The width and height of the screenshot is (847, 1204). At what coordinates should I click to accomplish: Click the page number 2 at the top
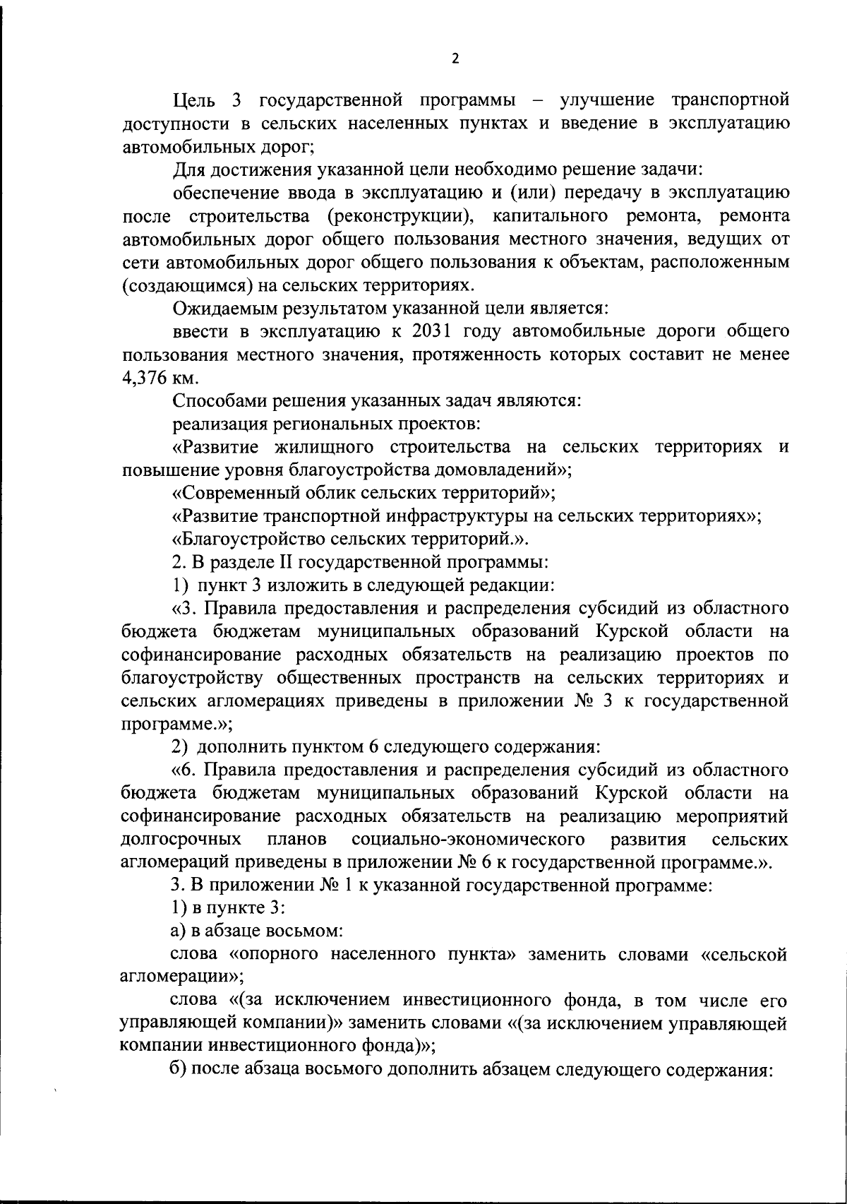pyautogui.click(x=455, y=59)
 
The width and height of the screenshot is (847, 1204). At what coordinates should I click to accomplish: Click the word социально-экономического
pyautogui.click(x=467, y=839)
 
